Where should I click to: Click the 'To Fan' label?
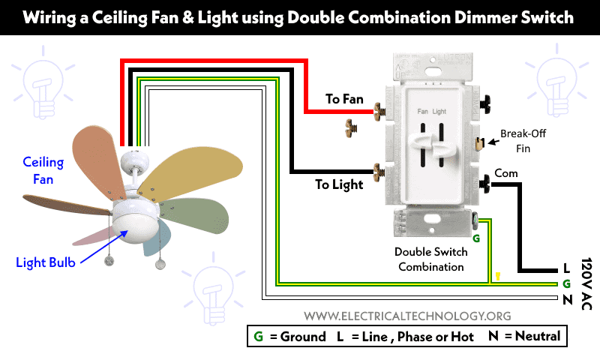(344, 99)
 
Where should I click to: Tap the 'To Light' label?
(339, 184)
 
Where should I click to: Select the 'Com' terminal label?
(505, 173)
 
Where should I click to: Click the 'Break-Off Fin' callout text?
(523, 141)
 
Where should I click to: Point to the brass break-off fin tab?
(479, 143)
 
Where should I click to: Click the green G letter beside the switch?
(476, 238)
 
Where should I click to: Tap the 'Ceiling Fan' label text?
(43, 170)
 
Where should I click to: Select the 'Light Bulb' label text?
(46, 262)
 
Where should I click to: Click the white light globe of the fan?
(135, 228)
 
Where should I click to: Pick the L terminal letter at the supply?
(566, 268)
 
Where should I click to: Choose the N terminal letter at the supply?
(568, 299)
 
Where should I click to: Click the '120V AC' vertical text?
(586, 283)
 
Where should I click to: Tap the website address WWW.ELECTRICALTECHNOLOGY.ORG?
(407, 316)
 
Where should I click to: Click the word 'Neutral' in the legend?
(538, 336)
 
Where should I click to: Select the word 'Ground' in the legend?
(303, 337)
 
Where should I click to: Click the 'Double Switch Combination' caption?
(430, 259)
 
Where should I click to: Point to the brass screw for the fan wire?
(379, 111)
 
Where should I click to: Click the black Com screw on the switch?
(485, 184)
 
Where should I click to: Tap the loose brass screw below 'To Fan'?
(351, 127)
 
